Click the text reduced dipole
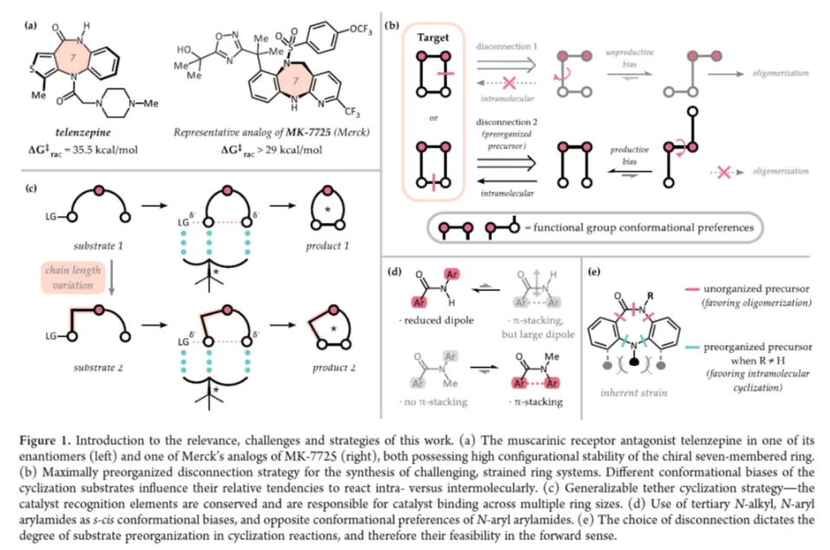(x=440, y=319)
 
